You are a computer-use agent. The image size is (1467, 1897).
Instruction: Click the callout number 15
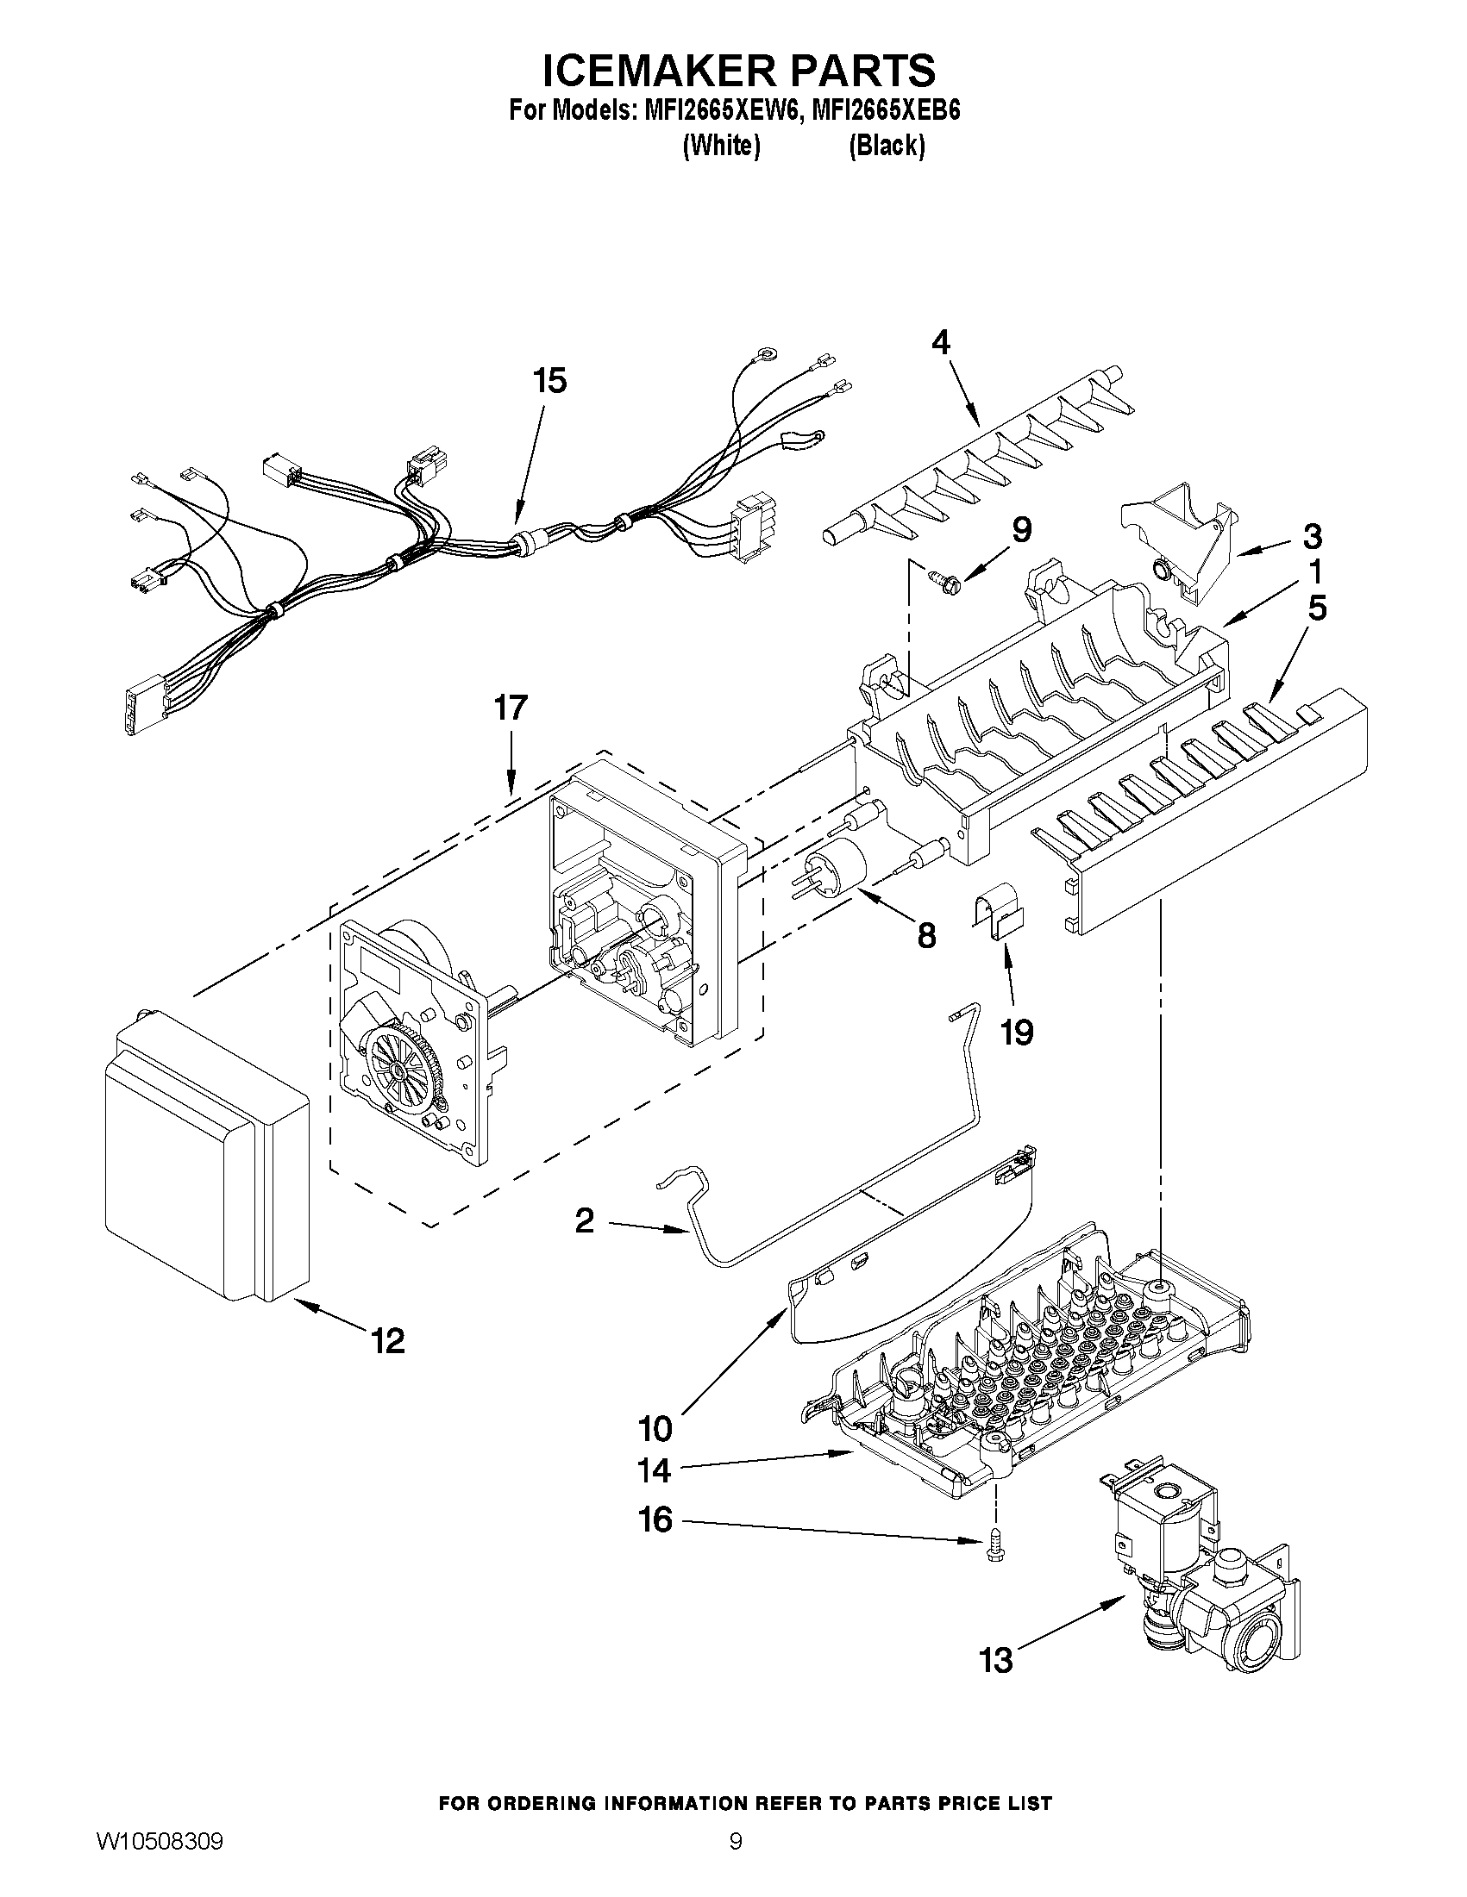click(x=549, y=380)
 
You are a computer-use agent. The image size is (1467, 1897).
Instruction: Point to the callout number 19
click(x=1016, y=1032)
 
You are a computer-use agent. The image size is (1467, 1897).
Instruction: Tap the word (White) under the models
click(x=721, y=145)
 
